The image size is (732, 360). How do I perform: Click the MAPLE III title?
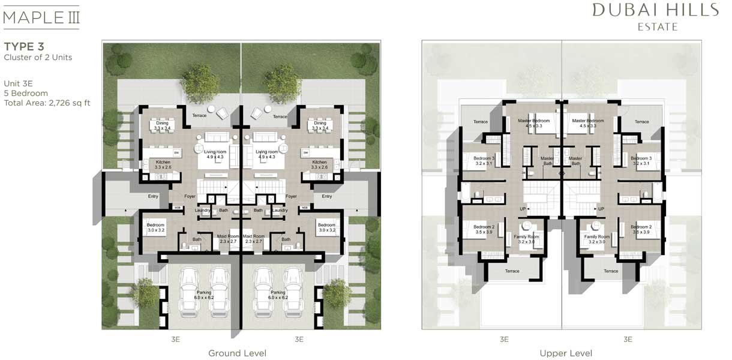coord(41,16)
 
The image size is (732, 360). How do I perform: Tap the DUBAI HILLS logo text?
coord(655,10)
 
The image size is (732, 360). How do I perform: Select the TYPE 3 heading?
coord(24,46)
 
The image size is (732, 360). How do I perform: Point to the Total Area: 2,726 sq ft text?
coord(47,103)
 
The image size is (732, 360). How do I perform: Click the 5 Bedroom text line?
coord(26,93)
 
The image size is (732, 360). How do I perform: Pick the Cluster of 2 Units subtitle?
coord(38,58)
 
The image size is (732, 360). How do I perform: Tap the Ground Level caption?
coord(237,353)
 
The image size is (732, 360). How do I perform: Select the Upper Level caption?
coord(565,353)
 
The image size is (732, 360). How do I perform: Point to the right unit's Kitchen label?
coord(319,162)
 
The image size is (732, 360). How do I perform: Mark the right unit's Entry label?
coord(326,196)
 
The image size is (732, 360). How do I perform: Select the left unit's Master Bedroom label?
coord(533,121)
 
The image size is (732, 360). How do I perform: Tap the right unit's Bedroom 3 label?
coord(641,158)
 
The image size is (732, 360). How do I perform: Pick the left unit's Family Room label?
coord(527,237)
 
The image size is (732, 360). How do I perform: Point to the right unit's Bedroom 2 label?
coord(641,227)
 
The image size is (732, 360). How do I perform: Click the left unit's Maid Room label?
coord(228,236)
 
